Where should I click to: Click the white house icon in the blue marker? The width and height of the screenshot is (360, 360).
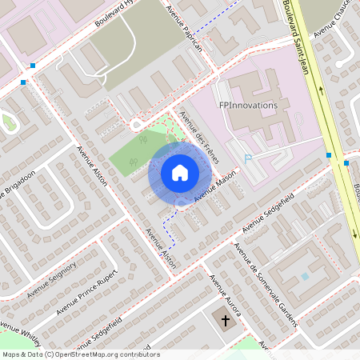[x=180, y=173]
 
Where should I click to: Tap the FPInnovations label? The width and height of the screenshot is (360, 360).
[x=248, y=105]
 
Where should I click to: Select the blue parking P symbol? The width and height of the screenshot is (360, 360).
[x=247, y=159]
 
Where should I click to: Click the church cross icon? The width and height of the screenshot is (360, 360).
[x=226, y=321]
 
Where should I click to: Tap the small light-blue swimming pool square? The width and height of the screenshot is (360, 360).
[x=304, y=276]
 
